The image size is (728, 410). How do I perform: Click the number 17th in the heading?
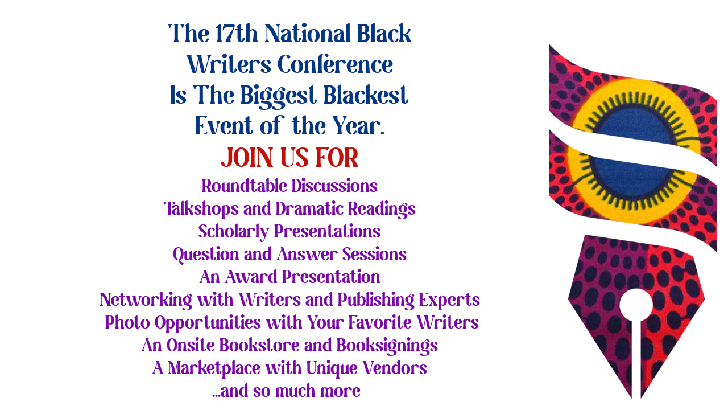coord(236,33)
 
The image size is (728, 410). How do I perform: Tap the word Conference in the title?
coord(335,64)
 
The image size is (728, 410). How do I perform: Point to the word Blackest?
coord(366,95)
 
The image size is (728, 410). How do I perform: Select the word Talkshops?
coord(201,209)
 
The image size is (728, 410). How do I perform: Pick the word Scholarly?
coord(234,232)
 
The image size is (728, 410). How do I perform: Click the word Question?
coord(206,255)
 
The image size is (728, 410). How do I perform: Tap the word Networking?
coord(146,300)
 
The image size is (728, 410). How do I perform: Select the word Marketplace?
coord(214,368)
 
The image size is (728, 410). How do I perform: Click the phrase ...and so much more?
coord(286,391)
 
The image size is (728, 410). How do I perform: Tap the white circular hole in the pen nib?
coord(636,305)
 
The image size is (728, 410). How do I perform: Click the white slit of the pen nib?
coord(636,359)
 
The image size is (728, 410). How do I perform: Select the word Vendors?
coord(395,368)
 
